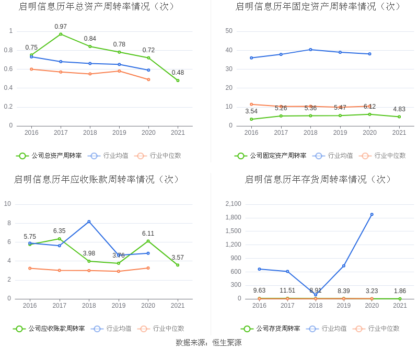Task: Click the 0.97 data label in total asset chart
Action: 61,27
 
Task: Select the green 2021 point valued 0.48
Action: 178,80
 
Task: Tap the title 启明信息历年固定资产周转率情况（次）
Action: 319,7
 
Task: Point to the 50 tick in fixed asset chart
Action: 229,31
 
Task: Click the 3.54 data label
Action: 251,111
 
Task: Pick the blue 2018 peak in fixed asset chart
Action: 310,50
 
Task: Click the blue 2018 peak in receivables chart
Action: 89,222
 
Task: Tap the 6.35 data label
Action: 59,231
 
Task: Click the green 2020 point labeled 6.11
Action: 148,241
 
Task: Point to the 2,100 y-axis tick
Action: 233,204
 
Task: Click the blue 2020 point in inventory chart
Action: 371,214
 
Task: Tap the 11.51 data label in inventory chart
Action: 287,291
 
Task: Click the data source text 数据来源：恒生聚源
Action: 208,343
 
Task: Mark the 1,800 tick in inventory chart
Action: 233,217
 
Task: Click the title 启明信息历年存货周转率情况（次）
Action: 319,180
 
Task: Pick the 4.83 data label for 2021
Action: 399,109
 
